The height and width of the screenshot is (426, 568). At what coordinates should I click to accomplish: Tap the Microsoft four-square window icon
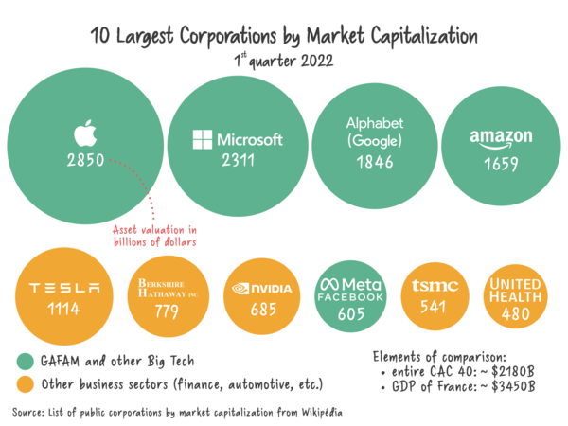(x=202, y=139)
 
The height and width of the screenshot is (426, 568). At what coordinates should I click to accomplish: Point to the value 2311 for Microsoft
(x=238, y=161)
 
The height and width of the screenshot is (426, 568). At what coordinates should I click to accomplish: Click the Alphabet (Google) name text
(x=375, y=133)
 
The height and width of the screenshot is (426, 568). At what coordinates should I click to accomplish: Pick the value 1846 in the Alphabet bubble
(x=375, y=163)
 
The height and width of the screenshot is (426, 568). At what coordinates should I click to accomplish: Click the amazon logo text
(x=501, y=139)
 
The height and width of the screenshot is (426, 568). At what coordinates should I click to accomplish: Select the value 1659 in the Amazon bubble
(x=501, y=163)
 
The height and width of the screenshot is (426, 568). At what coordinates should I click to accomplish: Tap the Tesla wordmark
(x=65, y=288)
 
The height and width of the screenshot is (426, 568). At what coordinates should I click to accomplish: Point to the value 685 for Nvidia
(x=262, y=309)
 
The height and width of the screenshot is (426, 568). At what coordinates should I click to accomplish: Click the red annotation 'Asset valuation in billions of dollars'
(x=153, y=236)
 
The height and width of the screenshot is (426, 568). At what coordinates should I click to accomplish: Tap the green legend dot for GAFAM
(x=25, y=361)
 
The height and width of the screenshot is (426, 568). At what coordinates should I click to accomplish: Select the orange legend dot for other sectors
(x=25, y=383)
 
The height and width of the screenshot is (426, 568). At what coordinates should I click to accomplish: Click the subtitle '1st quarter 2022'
(x=283, y=59)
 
